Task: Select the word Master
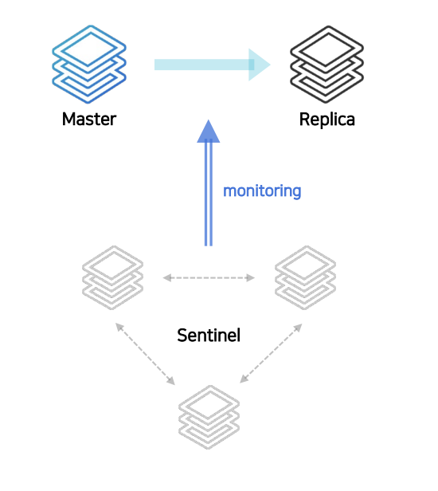89,120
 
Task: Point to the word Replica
327,120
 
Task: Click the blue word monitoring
262,191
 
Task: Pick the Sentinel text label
209,336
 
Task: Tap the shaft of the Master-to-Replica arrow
201,65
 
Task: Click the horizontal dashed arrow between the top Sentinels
209,277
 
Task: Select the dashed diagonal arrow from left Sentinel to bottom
145,354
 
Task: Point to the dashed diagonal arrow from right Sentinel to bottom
271,353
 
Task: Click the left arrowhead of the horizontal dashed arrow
167,277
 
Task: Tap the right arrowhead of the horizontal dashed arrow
251,277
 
